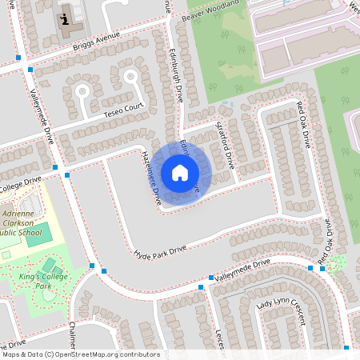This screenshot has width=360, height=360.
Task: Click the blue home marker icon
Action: [x=180, y=173]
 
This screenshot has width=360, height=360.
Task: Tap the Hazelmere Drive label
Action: [x=152, y=175]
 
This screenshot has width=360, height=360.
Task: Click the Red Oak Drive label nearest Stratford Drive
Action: [x=304, y=124]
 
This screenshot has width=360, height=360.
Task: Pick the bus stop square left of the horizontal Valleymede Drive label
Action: [x=212, y=278]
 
